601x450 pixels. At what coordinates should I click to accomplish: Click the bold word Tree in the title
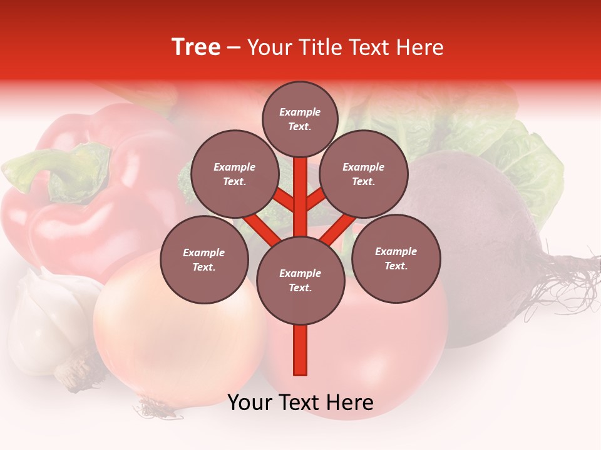pyautogui.click(x=196, y=47)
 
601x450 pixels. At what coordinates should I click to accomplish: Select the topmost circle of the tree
pyautogui.click(x=300, y=119)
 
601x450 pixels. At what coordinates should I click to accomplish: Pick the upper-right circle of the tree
pyautogui.click(x=364, y=174)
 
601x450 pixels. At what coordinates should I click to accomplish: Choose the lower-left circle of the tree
pyautogui.click(x=204, y=259)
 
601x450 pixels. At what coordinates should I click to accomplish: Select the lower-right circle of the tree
pyautogui.click(x=396, y=258)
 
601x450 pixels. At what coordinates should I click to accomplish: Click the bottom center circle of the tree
pyautogui.click(x=300, y=280)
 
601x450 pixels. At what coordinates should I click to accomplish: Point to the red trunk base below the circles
pyautogui.click(x=300, y=353)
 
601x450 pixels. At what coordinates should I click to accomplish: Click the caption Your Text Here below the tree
pyautogui.click(x=300, y=402)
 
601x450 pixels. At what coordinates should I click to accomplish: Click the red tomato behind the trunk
pyautogui.click(x=388, y=350)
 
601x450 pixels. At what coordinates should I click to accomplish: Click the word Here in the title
pyautogui.click(x=420, y=47)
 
